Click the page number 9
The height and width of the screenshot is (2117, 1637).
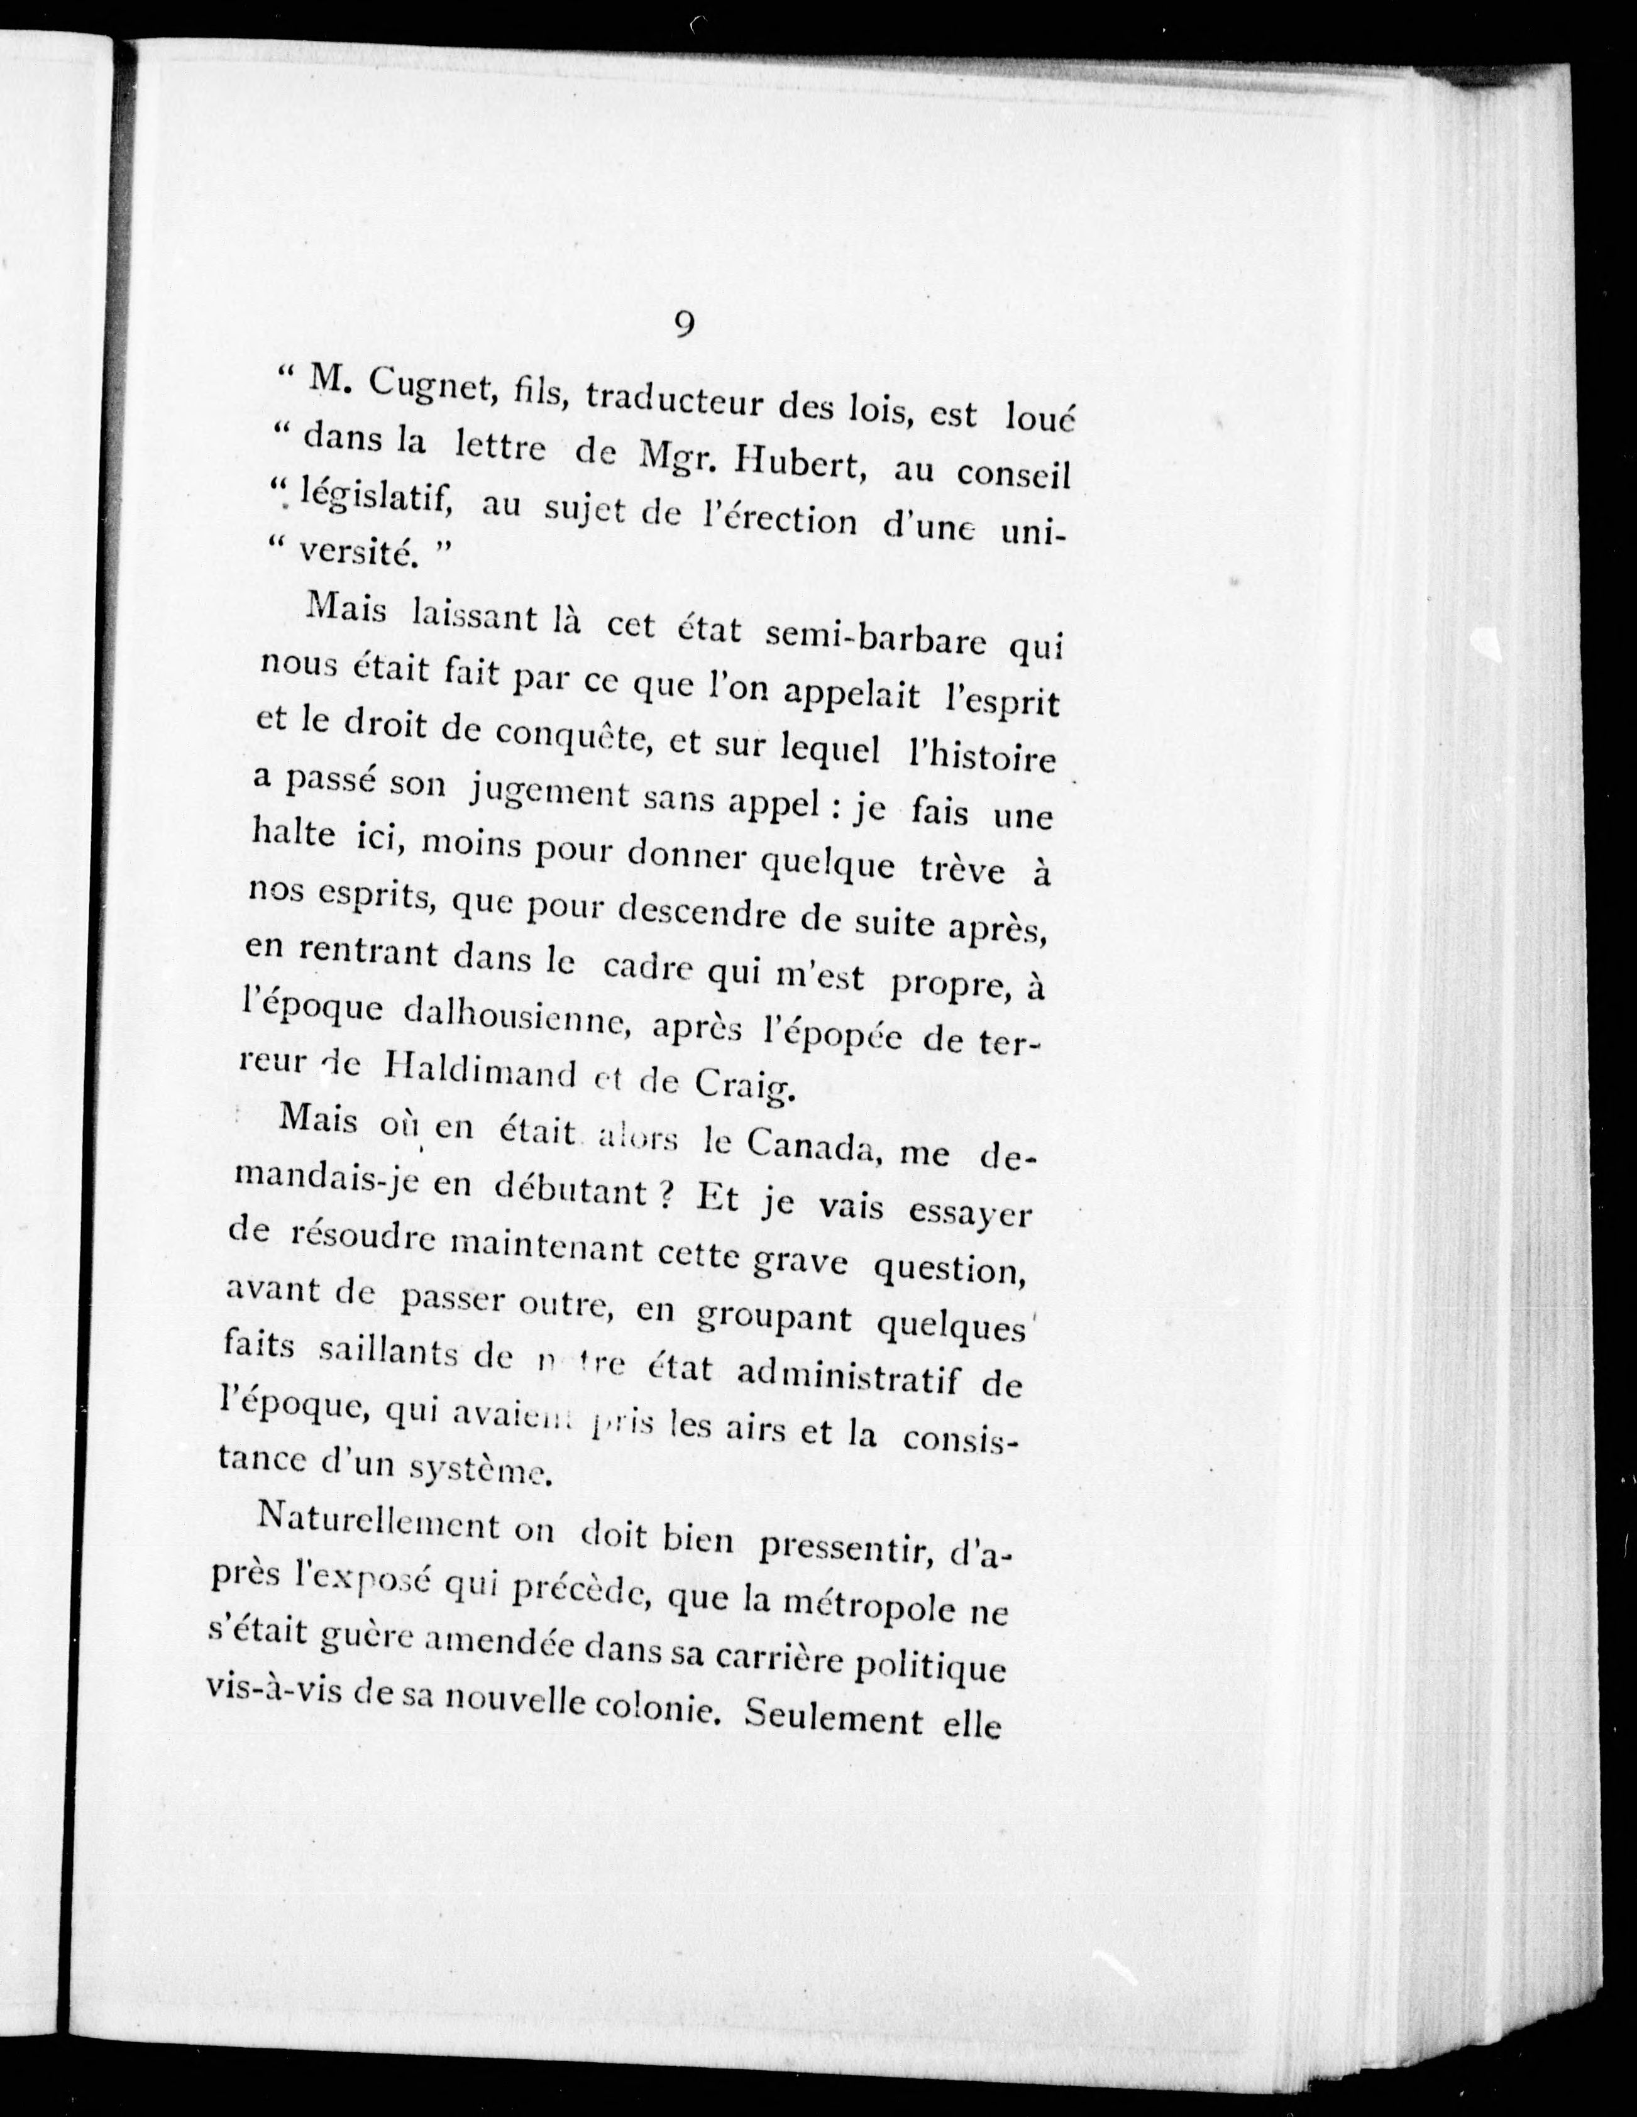click(683, 324)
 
